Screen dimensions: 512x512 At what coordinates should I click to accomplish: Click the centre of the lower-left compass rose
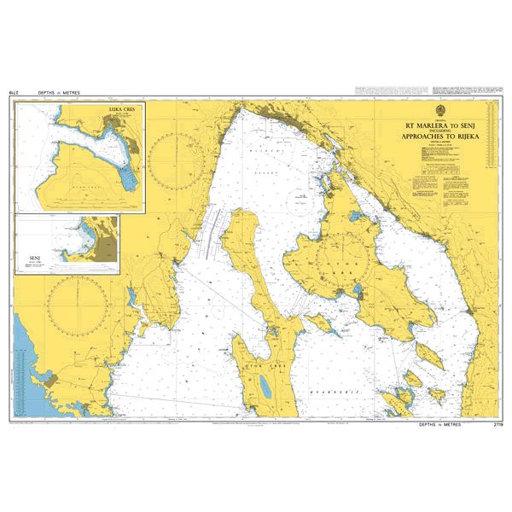click(78, 304)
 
